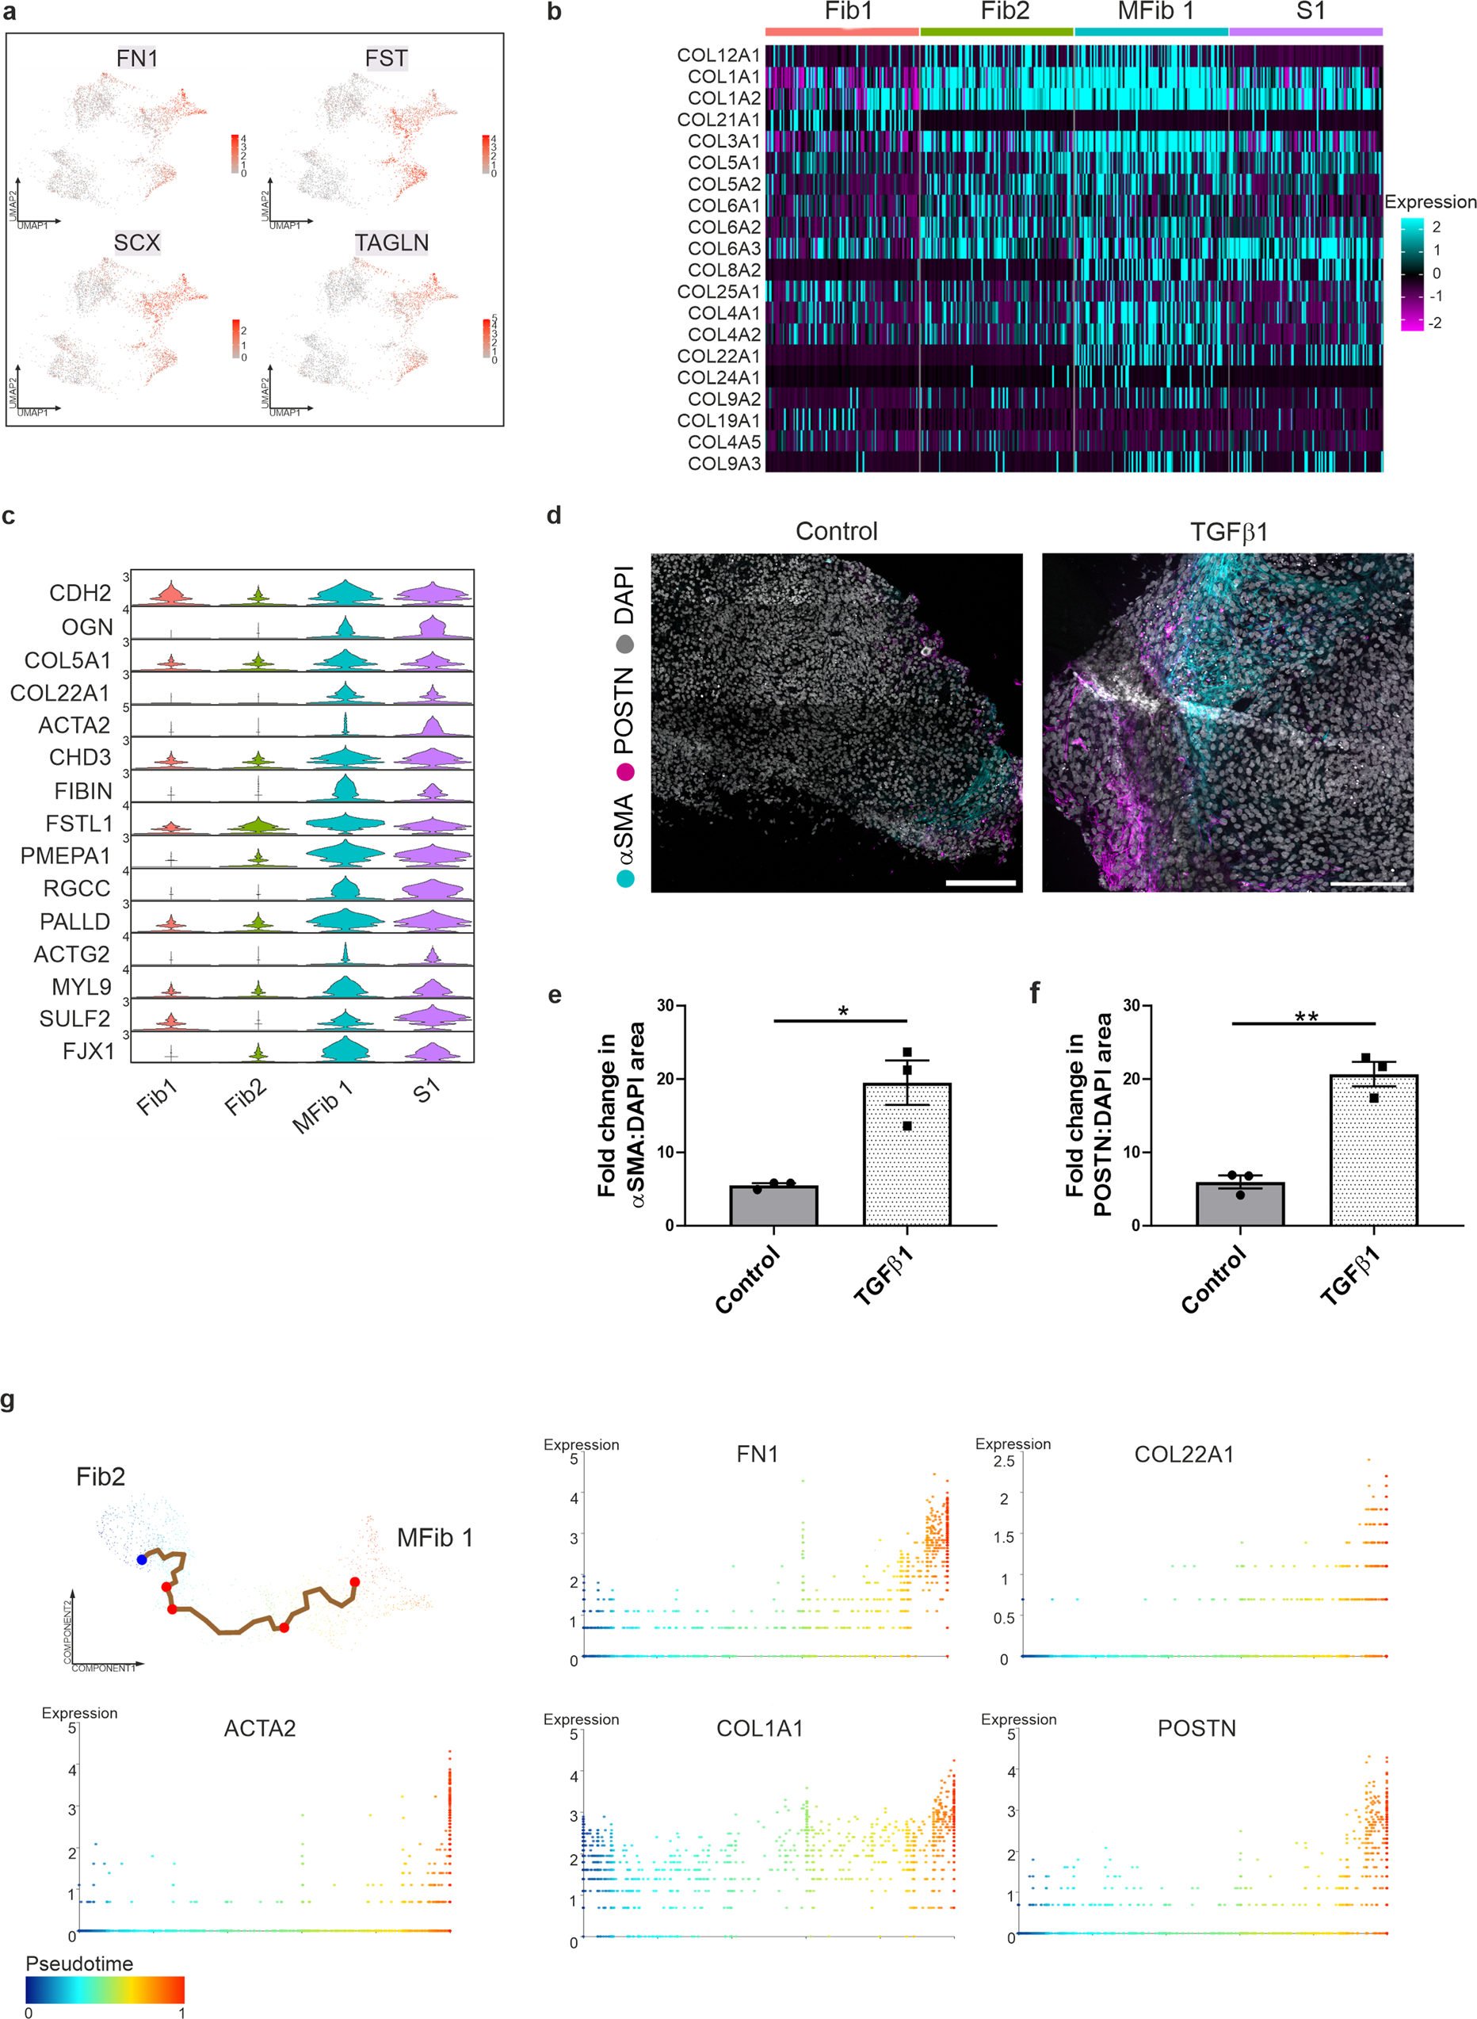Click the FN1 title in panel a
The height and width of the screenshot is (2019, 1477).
137,58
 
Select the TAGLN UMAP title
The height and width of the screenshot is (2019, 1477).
391,243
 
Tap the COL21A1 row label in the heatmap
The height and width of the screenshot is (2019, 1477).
718,120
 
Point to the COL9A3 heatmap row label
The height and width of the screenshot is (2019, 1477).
723,463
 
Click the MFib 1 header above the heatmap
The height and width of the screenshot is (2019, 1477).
1155,12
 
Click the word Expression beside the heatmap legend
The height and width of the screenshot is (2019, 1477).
1429,202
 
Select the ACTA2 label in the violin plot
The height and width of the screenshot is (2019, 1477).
74,725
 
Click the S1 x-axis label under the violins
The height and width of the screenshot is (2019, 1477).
426,1091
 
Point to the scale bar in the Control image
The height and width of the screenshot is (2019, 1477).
980,882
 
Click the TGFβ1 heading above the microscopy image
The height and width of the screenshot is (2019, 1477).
1227,532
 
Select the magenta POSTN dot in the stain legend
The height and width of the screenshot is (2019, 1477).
625,771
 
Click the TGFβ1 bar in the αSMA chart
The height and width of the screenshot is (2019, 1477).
906,1153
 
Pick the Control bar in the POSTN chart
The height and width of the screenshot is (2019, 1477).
1239,1203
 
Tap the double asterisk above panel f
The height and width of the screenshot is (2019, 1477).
1305,1018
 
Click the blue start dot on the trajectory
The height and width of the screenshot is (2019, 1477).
141,1559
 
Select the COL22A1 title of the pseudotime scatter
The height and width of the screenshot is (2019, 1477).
1183,1455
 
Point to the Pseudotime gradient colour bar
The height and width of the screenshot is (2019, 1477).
105,1990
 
